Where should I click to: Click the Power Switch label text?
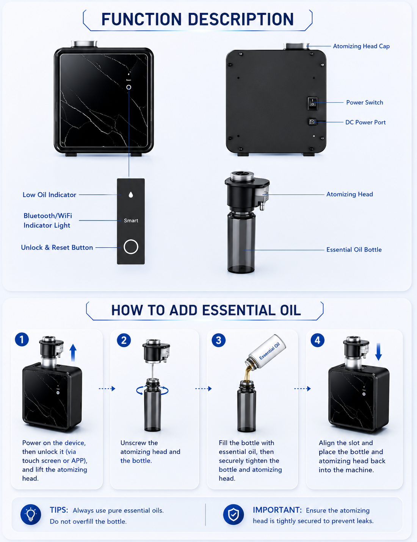pos(364,102)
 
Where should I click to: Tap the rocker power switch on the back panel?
pos(312,103)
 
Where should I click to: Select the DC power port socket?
pos(312,122)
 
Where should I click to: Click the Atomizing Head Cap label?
pos(361,46)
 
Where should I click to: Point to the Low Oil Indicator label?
pos(49,195)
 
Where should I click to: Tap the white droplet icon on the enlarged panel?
pos(131,195)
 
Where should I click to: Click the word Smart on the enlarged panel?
pos(131,221)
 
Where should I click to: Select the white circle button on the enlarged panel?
pos(131,247)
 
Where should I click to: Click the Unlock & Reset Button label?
pos(57,248)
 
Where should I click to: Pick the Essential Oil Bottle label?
pos(354,250)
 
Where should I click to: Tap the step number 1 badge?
pos(22,340)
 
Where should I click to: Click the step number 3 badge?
pos(218,340)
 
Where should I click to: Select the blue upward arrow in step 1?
pos(73,353)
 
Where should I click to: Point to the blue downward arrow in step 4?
pos(379,352)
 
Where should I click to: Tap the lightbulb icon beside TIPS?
pos(31,515)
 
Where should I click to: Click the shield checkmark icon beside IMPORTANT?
pos(234,515)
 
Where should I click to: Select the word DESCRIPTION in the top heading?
pos(241,19)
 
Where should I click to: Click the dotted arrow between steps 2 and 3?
pos(204,388)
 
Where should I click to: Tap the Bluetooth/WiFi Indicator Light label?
pos(48,221)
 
